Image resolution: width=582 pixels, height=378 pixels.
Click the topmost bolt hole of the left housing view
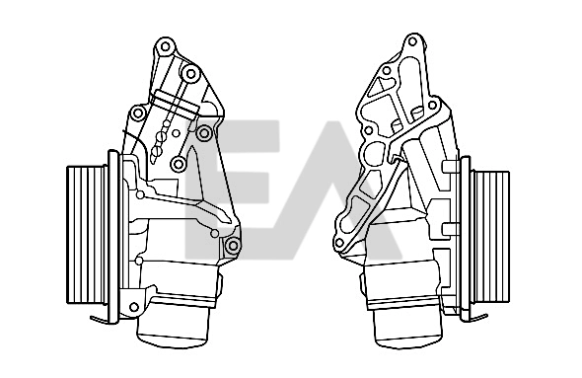[165, 46]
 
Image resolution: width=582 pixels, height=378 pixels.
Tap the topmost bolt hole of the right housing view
[412, 41]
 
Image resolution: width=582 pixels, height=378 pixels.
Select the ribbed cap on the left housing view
[87, 235]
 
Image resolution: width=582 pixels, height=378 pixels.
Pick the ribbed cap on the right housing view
[490, 237]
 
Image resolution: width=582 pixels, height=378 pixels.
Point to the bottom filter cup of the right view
[408, 329]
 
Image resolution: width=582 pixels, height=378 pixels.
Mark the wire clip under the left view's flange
[100, 320]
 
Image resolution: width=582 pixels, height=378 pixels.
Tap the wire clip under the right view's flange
[477, 318]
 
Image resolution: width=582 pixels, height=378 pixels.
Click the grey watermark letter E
[232, 189]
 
